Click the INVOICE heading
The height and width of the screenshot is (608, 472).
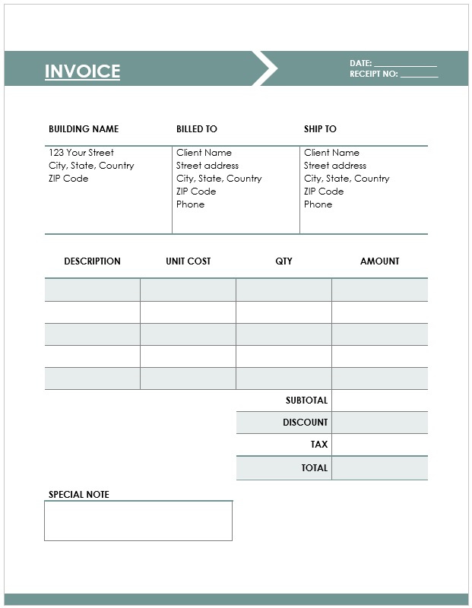pos(82,71)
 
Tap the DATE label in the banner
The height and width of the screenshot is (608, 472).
pos(360,63)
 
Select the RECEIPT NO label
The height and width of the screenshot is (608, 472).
pos(373,74)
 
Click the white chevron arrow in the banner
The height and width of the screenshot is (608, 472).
pos(265,68)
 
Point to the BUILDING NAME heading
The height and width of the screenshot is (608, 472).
pos(84,129)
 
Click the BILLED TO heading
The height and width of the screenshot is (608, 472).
pos(196,129)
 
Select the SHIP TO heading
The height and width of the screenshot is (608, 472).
pos(320,129)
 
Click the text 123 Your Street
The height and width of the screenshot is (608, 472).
pos(81,153)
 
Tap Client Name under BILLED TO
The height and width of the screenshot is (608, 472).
pos(204,153)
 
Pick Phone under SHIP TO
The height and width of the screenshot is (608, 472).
pos(318,204)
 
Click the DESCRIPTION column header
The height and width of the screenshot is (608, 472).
pos(92,261)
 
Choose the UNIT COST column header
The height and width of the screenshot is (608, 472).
pos(188,261)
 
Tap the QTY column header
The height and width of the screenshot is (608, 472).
pos(284,261)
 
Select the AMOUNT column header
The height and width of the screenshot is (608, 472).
pos(379,261)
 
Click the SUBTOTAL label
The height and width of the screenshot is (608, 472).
pos(306,401)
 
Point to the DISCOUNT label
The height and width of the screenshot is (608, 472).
pos(305,423)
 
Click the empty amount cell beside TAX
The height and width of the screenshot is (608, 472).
pos(379,445)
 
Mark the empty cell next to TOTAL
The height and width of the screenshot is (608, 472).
pos(379,468)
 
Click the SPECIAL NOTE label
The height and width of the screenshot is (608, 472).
pos(79,495)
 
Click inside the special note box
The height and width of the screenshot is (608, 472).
pos(138,521)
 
